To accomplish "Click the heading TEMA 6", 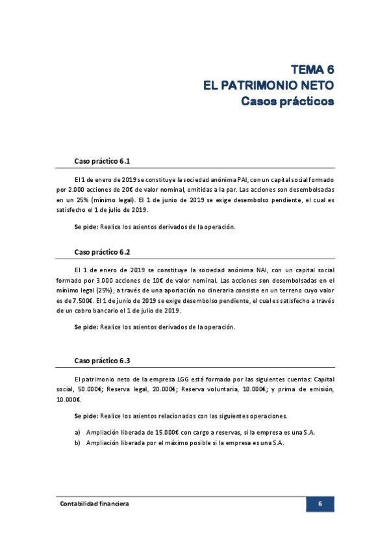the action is [x=312, y=70].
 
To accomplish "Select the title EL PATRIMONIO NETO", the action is [x=269, y=85].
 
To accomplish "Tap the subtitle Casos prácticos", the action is [x=287, y=101].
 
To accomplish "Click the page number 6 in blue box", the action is [x=320, y=504].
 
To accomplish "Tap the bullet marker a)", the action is [x=77, y=432].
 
